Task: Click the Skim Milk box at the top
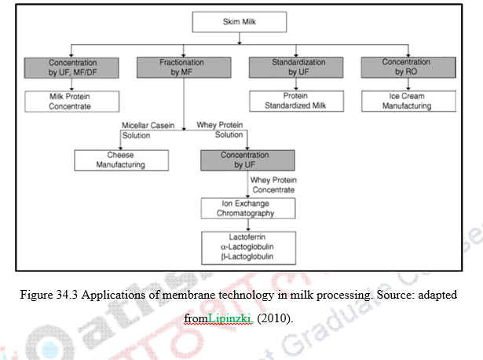(239, 22)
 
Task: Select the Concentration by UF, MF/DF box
(71, 67)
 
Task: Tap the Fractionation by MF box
(181, 67)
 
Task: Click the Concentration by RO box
(406, 67)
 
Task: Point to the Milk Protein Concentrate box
(70, 101)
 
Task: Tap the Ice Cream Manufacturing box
(406, 101)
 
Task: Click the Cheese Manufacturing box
(121, 160)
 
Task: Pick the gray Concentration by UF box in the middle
(244, 160)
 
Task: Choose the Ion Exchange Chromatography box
(248, 208)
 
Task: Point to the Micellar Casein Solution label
(146, 130)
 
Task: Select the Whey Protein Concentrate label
(273, 185)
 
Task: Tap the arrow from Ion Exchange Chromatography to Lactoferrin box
(248, 224)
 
